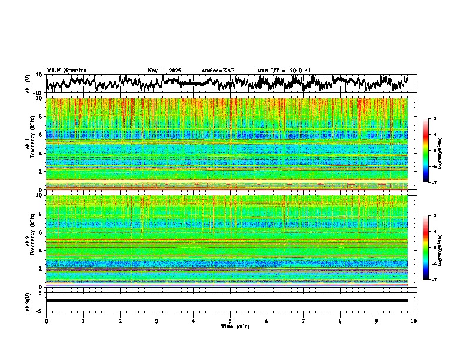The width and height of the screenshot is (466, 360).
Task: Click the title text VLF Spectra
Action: pos(66,70)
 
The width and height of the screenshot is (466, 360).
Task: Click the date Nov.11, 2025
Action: pos(164,71)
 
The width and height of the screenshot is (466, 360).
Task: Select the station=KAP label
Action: pos(218,71)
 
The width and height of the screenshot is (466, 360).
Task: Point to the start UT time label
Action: pos(284,71)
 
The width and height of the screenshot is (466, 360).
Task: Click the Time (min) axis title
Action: pos(235,326)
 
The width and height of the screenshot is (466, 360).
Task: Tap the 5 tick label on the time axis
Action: pos(230,321)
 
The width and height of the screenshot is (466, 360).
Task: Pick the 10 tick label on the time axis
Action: pos(414,321)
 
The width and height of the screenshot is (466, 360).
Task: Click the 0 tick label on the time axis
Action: pos(46,321)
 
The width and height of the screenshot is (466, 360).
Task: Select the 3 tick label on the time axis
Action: pos(157,321)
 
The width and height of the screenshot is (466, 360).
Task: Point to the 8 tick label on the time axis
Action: pos(340,321)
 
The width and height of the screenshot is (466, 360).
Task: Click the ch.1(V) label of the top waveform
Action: pos(28,83)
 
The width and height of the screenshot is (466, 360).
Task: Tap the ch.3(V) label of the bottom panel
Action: pos(28,301)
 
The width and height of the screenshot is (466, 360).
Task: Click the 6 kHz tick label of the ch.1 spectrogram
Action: pos(41,135)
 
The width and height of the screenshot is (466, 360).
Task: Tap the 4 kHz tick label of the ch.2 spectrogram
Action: pos(41,250)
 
